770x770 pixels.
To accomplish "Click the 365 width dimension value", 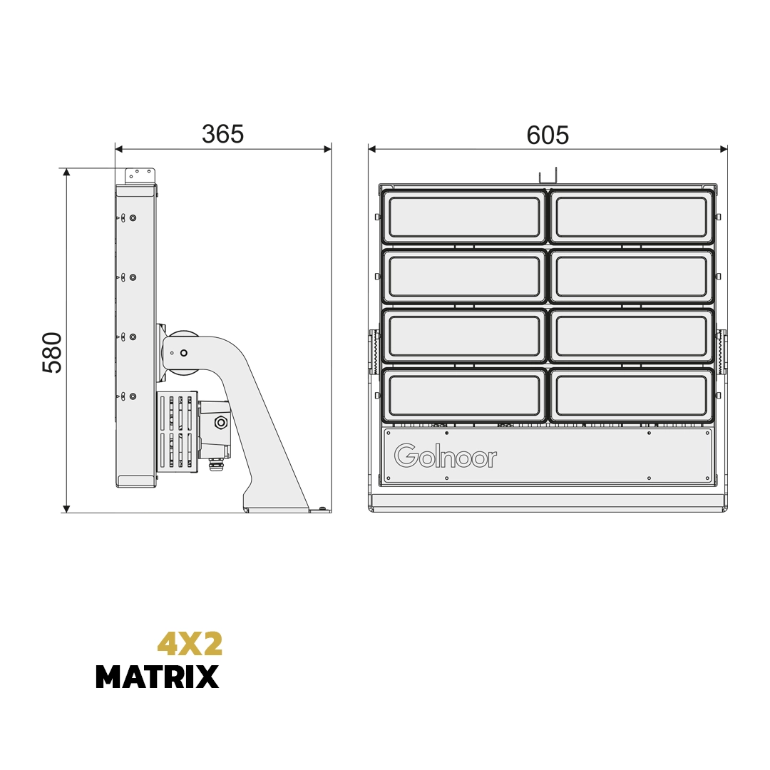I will click(x=222, y=134).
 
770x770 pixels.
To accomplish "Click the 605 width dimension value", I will click(x=548, y=135).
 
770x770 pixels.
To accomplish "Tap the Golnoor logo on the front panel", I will click(x=446, y=456).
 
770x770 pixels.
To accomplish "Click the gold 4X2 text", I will click(x=190, y=644).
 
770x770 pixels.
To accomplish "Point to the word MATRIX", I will click(x=157, y=677).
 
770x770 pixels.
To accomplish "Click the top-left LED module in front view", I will click(x=464, y=217).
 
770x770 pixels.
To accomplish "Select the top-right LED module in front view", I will click(x=632, y=217).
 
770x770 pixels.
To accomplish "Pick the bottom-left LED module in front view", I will click(x=464, y=396).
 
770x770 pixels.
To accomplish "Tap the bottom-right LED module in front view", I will click(x=632, y=396).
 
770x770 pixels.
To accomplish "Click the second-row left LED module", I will click(x=464, y=277).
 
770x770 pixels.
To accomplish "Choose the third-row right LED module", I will click(x=632, y=336).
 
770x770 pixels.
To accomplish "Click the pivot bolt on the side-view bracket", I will click(x=184, y=353).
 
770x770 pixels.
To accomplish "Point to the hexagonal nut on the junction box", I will click(x=221, y=423).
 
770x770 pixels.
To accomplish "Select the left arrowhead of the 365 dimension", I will click(x=119, y=149).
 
